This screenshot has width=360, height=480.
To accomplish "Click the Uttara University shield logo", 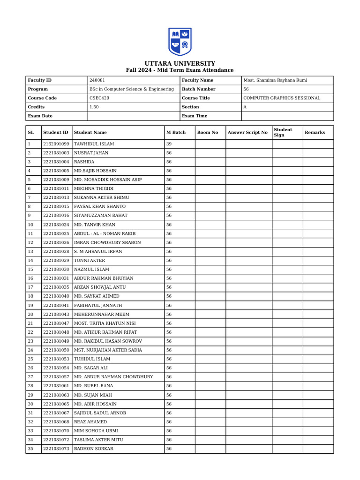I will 180,42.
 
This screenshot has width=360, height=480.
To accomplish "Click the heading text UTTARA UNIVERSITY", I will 180,63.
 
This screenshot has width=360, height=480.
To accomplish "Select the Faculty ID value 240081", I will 97,80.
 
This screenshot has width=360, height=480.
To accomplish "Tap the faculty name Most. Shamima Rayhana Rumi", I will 275,80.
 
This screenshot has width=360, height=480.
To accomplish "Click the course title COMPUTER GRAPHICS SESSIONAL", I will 282,98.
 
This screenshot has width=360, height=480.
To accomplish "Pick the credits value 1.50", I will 94,107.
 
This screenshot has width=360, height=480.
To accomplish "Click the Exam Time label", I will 194,116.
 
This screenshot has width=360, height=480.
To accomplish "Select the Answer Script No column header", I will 247,132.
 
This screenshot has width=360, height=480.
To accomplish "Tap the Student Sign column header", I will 283,132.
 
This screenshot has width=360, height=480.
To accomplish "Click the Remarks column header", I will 315,132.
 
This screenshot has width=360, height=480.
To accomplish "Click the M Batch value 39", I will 169,144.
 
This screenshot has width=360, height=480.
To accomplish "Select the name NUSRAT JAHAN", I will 91,153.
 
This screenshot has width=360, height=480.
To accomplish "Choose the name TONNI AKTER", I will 90,260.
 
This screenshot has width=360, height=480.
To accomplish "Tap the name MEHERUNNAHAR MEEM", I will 102,314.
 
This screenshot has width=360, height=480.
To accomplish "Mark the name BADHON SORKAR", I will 94,449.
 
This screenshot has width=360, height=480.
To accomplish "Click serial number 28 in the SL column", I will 30,386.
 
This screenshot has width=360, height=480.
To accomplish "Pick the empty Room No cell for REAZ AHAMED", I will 210,422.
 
